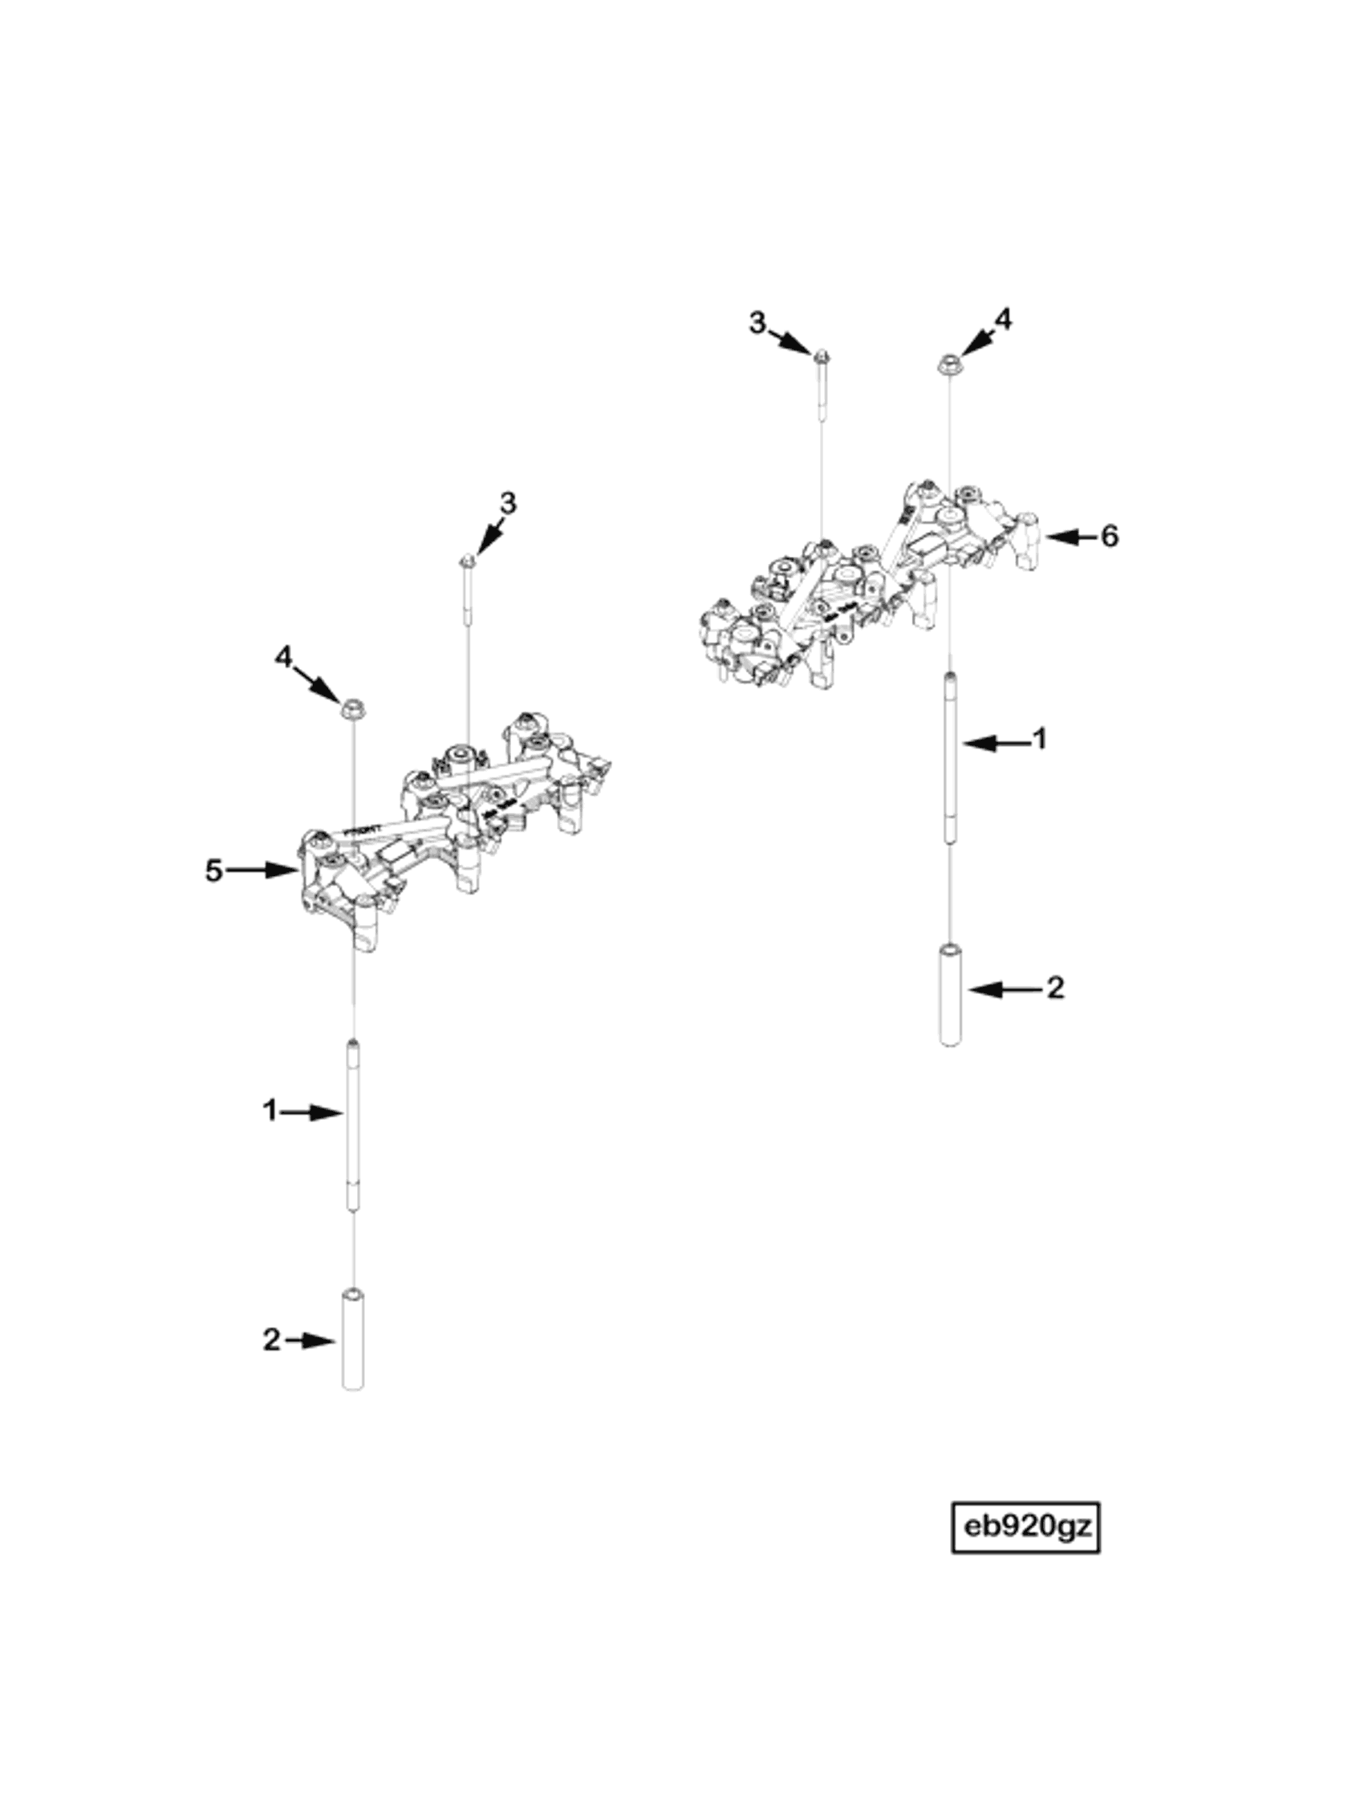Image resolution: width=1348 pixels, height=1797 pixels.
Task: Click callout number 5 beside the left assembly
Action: click(x=213, y=871)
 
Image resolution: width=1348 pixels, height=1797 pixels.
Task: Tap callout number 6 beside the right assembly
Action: click(x=1109, y=536)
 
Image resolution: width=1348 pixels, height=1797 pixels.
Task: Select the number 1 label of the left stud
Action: click(x=270, y=1110)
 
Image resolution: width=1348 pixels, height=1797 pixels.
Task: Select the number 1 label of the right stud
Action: click(x=1038, y=740)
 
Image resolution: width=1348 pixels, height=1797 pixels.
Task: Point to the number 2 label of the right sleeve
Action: click(x=1054, y=988)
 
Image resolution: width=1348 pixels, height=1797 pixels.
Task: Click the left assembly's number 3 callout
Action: click(x=507, y=504)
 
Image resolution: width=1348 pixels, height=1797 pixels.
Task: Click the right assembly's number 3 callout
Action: click(x=757, y=323)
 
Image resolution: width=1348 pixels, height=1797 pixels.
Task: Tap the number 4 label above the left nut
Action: click(x=282, y=656)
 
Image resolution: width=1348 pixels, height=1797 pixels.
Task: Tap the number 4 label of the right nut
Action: click(x=1005, y=319)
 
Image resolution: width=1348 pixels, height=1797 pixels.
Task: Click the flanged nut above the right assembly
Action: click(x=948, y=364)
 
